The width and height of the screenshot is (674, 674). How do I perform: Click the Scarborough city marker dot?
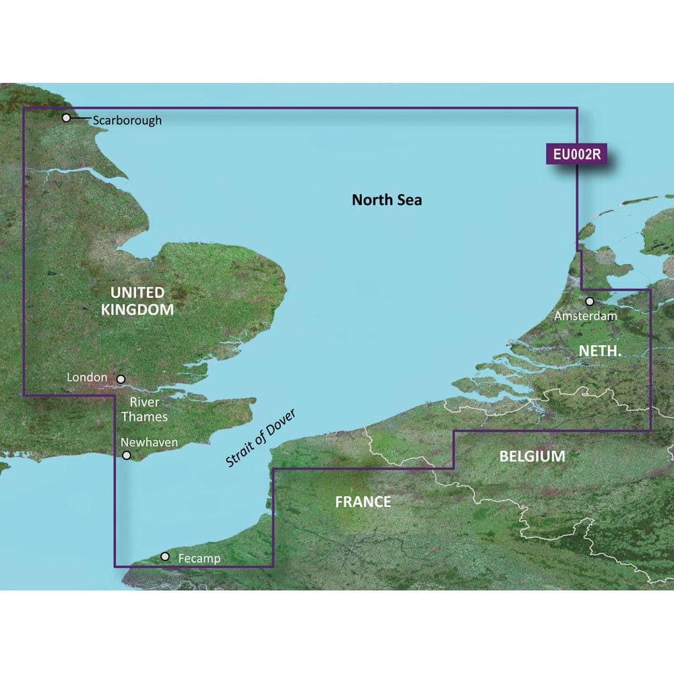pos(66,118)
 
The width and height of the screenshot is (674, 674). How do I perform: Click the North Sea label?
pos(387,200)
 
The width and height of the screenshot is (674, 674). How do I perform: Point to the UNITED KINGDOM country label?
pos(137,301)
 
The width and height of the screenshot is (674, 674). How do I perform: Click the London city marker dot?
pos(121,379)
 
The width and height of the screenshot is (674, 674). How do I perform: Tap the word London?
pos(87,377)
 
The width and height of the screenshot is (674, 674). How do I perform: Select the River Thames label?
pos(144,409)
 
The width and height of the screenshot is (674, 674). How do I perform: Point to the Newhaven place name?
pos(149,442)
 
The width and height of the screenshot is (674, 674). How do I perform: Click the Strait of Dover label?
pos(262,439)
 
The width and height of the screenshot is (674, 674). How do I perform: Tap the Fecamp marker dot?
pos(165,557)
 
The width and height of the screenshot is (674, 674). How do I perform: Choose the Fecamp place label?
pos(200,559)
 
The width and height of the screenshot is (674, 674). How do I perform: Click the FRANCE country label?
pos(364,501)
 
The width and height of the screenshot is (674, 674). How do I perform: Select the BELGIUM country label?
pos(532,456)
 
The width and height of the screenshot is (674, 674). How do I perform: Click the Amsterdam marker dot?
pos(590,301)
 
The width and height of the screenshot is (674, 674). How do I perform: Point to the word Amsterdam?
pos(585,315)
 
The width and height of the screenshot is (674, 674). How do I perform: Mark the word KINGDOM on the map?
pos(137,310)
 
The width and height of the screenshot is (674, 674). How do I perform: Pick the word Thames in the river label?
pos(144,417)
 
